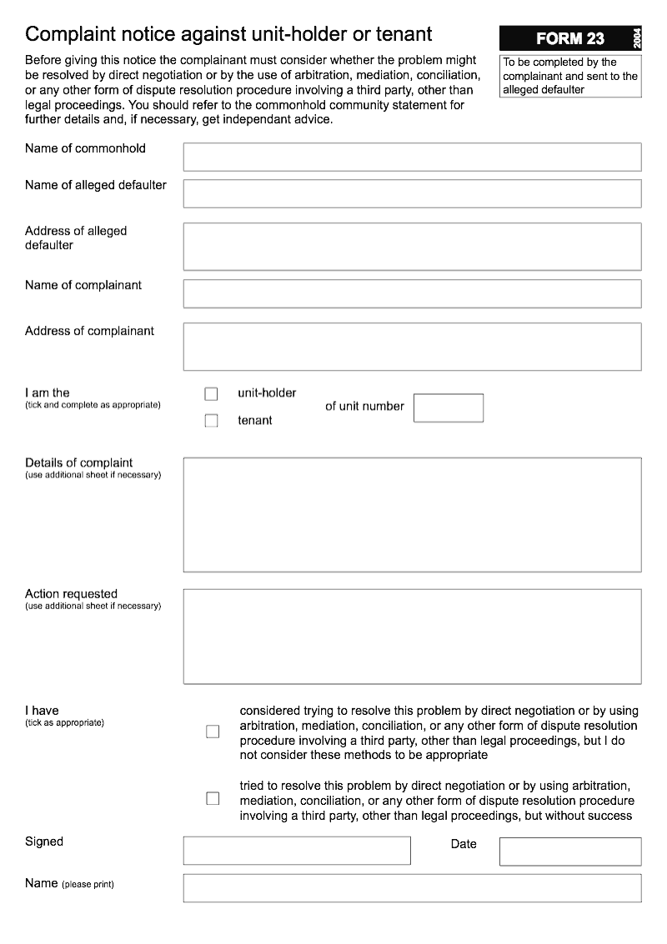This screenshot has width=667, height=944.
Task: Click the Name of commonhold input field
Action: [412, 157]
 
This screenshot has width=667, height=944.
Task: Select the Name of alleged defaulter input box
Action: [412, 193]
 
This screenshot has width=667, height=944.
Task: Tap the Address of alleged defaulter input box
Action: [412, 247]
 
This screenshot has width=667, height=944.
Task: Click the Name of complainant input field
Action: [412, 293]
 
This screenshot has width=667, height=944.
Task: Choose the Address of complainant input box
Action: [412, 347]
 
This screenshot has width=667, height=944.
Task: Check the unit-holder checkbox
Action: [211, 394]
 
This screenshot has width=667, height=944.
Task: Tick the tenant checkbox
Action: [211, 421]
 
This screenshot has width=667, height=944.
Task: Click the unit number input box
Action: [448, 408]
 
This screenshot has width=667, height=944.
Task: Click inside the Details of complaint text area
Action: [412, 514]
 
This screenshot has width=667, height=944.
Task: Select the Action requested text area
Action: [412, 637]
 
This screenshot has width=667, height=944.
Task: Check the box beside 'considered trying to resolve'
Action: [213, 732]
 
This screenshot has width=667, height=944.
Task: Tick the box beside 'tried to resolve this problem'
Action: [213, 798]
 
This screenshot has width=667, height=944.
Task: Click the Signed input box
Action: [297, 851]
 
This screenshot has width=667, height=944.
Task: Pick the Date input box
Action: [570, 851]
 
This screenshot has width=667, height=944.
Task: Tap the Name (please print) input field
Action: [412, 888]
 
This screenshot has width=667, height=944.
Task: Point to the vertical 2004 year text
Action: [636, 38]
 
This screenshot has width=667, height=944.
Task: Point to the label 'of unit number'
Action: [364, 407]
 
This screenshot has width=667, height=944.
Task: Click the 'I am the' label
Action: [48, 392]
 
